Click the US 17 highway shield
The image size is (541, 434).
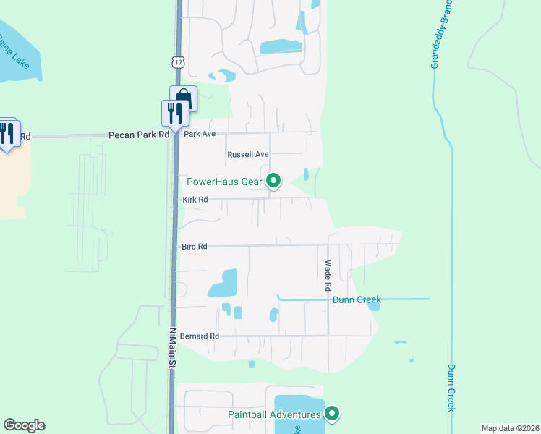[178, 62]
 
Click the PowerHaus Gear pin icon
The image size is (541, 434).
[273, 181]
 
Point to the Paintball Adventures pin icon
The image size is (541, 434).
[332, 414]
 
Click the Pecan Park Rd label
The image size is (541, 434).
[138, 135]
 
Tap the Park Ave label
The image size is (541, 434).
[200, 135]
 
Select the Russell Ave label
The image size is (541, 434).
[248, 155]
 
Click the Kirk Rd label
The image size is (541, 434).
[195, 200]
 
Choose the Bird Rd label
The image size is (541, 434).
[195, 247]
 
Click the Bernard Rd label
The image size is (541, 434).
[199, 336]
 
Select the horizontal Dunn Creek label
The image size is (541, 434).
[356, 299]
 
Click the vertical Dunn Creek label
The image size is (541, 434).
[450, 388]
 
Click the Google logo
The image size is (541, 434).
[24, 425]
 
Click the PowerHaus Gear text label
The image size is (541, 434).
[224, 182]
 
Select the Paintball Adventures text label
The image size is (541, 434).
[274, 414]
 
